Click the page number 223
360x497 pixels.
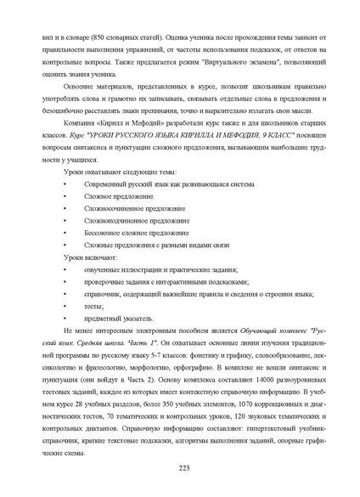(183, 468)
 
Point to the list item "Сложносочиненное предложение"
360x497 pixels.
(124, 207)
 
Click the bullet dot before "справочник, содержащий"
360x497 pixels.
(65, 293)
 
